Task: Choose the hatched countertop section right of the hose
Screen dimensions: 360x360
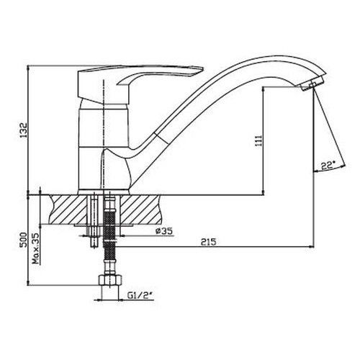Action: pos(144,209)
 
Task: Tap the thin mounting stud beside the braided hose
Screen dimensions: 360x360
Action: pos(93,223)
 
